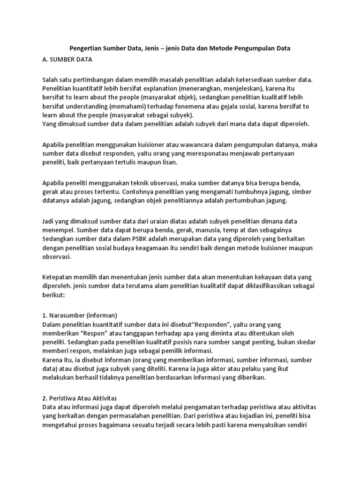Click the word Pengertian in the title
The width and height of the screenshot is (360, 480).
click(x=86, y=48)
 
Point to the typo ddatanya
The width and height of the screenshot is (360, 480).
click(x=56, y=201)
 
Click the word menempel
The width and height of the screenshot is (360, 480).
click(x=59, y=230)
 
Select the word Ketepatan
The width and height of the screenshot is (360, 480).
click(x=58, y=277)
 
